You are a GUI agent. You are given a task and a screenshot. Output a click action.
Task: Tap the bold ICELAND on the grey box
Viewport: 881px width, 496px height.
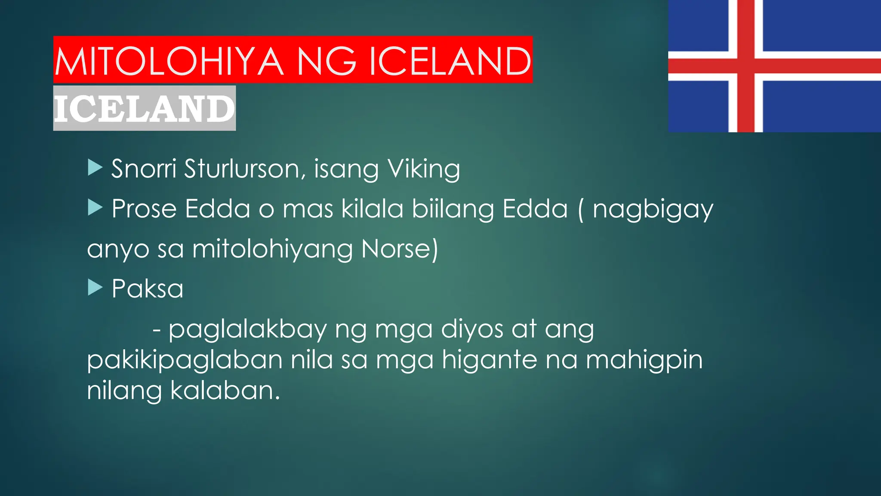coord(144,108)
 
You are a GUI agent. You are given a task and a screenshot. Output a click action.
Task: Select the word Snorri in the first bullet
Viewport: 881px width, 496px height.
coord(144,168)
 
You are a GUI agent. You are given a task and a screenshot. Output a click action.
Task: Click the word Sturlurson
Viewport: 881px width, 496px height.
coord(242,168)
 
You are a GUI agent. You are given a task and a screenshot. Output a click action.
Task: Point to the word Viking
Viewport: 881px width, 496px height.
coord(424,169)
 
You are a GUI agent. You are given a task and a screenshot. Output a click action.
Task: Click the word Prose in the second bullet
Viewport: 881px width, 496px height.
coord(144,209)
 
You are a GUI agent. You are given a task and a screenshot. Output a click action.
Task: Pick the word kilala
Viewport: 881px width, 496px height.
coord(372,209)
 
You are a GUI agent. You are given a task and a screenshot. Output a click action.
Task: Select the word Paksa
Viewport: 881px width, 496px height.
coord(147,288)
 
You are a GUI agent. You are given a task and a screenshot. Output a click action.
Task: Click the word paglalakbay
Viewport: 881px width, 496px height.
coord(247,330)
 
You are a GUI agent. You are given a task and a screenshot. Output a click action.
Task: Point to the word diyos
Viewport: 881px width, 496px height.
coord(472,330)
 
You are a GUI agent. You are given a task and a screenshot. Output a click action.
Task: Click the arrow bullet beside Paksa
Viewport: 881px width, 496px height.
coord(95,287)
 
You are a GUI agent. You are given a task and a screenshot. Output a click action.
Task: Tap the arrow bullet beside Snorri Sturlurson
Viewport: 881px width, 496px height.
coord(95,167)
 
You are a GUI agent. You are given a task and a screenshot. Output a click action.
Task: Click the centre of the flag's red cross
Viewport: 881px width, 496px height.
coord(746,66)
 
